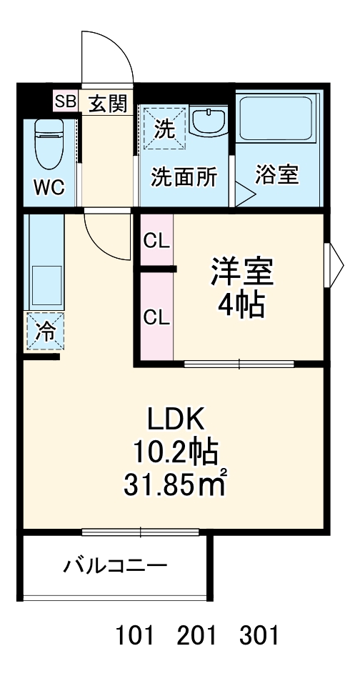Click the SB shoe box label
coord(65,101)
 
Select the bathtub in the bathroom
coord(279,119)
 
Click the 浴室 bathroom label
coord(277,175)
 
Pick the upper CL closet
coord(156,241)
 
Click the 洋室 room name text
coord(241,273)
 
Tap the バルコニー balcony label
coord(115,567)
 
